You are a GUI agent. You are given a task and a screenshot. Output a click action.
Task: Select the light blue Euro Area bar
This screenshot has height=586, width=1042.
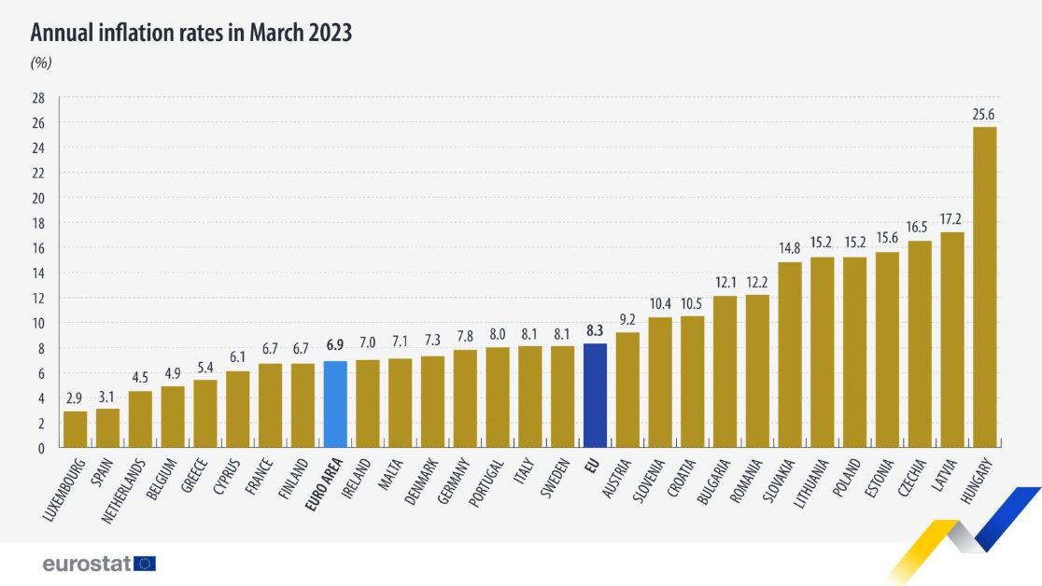[335, 404]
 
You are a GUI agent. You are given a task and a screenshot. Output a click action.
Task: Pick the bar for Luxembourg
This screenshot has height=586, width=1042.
[76, 429]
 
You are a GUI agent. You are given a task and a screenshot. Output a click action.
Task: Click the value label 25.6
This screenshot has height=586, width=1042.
[984, 115]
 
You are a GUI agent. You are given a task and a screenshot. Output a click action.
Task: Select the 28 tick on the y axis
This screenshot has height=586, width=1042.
[38, 98]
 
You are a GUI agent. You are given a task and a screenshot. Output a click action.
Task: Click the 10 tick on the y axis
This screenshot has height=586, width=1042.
[38, 323]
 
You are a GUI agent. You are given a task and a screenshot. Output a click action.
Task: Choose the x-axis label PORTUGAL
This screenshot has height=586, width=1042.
[486, 483]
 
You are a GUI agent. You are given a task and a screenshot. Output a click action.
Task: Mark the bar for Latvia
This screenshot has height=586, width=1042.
[951, 340]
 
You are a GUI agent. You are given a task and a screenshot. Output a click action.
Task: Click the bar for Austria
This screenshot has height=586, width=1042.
[627, 390]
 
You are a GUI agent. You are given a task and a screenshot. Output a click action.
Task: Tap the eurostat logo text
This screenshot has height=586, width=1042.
[86, 564]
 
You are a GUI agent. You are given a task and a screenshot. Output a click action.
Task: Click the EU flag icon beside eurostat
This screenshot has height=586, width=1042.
[145, 564]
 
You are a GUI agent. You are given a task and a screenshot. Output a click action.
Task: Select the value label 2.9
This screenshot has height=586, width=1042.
[76, 399]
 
